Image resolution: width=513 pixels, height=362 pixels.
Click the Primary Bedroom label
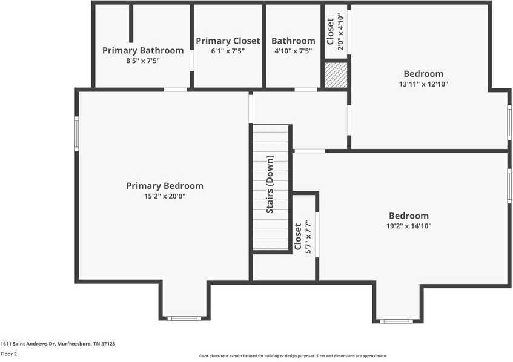point(164,186)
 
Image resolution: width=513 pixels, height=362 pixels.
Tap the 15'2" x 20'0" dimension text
point(164,196)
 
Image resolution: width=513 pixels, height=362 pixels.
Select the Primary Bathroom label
point(142,50)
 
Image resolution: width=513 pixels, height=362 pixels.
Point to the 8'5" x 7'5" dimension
point(142,61)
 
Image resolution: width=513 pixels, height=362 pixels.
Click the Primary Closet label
point(228,41)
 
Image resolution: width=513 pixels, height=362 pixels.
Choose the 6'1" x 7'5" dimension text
point(228,51)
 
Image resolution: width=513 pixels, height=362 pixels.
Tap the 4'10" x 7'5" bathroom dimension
point(293,51)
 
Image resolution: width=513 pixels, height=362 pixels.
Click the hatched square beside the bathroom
point(335,75)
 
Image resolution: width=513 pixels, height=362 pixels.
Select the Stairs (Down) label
point(270,184)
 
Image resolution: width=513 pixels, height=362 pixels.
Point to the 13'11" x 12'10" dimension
point(423,84)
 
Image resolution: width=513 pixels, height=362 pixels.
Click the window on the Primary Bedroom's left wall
point(77,133)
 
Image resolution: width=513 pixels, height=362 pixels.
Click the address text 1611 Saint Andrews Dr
point(58,344)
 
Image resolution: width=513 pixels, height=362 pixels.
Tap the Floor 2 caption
point(8,354)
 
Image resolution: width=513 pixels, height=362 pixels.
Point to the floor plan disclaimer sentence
point(293,356)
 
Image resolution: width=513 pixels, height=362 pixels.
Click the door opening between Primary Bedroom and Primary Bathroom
point(175,90)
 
